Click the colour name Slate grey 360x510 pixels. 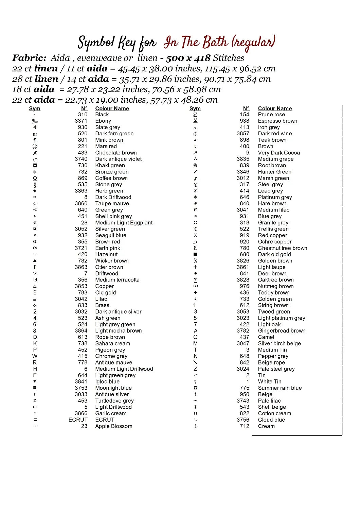[x=107, y=127]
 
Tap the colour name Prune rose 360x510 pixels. [x=271, y=115]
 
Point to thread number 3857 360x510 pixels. [x=243, y=134]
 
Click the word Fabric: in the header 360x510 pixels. [x=29, y=58]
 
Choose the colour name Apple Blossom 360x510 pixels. [x=113, y=426]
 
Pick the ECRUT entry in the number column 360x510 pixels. [x=78, y=420]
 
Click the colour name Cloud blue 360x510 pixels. [x=271, y=420]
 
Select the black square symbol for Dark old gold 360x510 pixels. [x=195, y=254]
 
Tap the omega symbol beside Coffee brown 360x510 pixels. [x=35, y=178]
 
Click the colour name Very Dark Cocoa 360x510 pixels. [x=279, y=153]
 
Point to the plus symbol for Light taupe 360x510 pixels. [x=195, y=267]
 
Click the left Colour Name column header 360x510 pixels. [x=112, y=108]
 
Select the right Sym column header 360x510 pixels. [x=195, y=108]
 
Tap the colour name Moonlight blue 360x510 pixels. [x=113, y=388]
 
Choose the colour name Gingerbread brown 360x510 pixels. [x=282, y=331]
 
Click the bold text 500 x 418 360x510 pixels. [x=188, y=58]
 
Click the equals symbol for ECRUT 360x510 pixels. [x=35, y=420]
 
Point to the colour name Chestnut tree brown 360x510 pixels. [x=283, y=248]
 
